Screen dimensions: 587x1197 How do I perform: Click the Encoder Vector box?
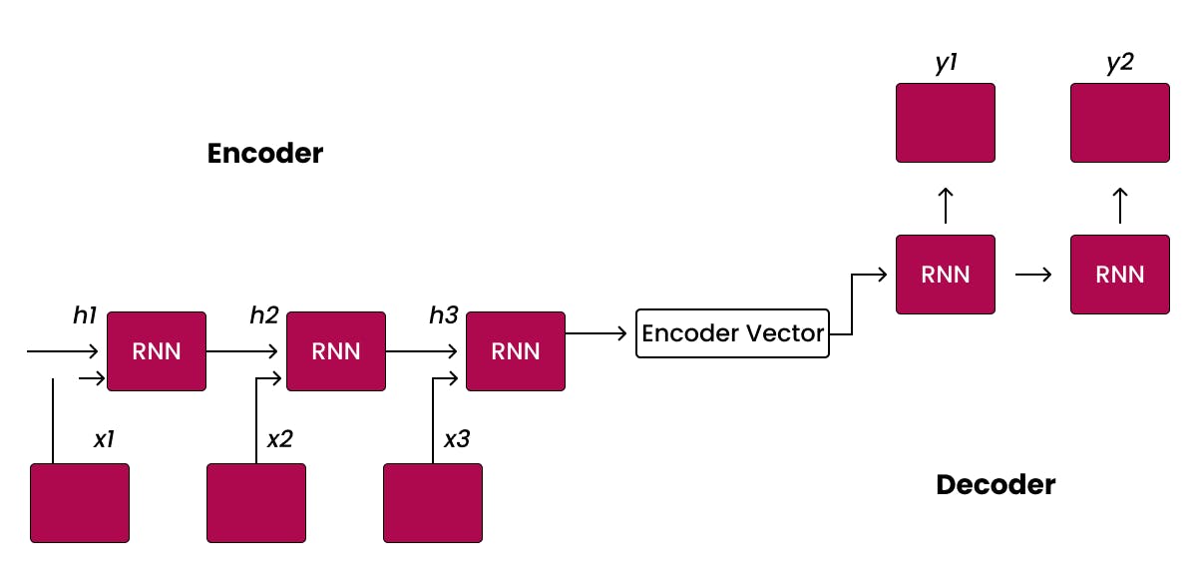732,333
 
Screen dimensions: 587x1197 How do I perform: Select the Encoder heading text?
265,154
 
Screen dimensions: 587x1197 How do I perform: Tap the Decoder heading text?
995,485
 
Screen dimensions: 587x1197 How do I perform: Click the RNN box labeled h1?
157,351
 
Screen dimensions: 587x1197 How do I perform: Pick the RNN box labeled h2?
336,351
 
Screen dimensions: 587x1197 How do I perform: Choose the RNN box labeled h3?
516,351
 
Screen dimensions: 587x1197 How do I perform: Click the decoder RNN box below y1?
945,274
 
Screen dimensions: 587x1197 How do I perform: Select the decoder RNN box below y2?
1119,274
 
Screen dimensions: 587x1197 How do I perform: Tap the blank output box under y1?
945,123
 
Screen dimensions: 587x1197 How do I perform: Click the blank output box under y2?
1119,123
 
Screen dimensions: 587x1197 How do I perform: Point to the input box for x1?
80,503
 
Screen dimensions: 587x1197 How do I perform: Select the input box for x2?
255,503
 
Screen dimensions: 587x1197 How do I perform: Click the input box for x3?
433,503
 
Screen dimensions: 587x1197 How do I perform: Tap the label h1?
85,315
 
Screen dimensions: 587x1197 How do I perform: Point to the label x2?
279,439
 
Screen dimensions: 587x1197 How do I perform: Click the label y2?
1119,63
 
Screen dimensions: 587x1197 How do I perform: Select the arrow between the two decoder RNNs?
1032,274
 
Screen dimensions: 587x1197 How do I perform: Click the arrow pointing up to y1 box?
946,204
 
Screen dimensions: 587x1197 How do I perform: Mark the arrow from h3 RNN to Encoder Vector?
599,333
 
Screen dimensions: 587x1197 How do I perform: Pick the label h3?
444,315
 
